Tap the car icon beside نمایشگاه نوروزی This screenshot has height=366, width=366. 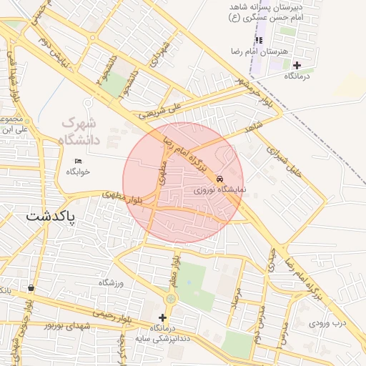(x=219, y=179)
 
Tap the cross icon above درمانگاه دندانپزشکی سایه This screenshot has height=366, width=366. (x=162, y=317)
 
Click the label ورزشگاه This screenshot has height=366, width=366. (x=112, y=283)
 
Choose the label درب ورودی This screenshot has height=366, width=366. (x=327, y=323)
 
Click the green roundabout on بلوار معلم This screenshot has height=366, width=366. (x=171, y=299)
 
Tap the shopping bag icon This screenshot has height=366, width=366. (x=31, y=288)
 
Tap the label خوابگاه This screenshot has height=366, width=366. (x=78, y=172)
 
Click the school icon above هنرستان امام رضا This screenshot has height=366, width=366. (x=259, y=40)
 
